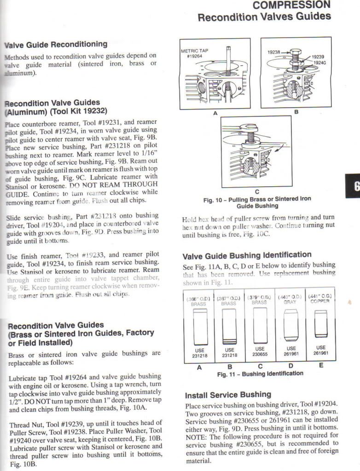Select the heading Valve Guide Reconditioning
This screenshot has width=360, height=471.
pyautogui.click(x=56, y=45)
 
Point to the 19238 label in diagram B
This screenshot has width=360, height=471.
pyautogui.click(x=274, y=52)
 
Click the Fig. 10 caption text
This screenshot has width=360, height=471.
pyautogui.click(x=257, y=202)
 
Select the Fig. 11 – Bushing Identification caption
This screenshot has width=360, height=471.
pyautogui.click(x=260, y=373)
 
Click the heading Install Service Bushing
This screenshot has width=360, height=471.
pyautogui.click(x=228, y=395)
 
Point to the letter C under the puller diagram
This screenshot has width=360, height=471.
pyautogui.click(x=256, y=192)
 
